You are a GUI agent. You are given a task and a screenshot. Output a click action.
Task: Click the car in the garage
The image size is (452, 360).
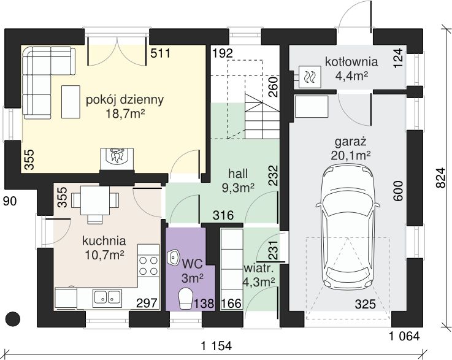348,226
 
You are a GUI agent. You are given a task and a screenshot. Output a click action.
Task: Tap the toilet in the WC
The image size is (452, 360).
186,299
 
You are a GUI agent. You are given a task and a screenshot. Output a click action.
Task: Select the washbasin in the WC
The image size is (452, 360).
173,258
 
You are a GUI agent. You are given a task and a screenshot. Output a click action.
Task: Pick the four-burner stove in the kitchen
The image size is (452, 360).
148,266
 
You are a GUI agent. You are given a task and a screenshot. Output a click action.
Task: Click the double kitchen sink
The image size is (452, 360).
107,298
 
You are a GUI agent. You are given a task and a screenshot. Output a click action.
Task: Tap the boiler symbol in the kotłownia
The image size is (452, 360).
310,77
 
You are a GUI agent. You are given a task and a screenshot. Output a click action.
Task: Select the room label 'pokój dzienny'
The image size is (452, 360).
125,100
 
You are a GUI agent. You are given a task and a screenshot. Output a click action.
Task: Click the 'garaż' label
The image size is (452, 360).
351,142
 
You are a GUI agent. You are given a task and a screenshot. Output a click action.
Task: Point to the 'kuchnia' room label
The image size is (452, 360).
104,240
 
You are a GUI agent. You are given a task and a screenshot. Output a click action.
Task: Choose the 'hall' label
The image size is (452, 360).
238,174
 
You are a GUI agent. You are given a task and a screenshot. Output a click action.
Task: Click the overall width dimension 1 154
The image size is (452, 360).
216,346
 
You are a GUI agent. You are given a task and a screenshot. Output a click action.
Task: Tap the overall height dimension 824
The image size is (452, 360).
440,178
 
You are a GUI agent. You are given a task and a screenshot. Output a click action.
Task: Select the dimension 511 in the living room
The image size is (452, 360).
161,53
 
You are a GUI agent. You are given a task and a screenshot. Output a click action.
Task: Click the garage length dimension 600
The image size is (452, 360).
398,191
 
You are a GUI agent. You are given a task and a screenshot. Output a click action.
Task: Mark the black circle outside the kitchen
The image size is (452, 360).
13,319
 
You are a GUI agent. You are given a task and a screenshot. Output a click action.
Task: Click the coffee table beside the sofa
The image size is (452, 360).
71,102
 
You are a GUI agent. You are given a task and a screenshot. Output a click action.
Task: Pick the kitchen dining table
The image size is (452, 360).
95,201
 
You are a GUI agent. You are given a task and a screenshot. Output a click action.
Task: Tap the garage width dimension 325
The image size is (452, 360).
366,304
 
